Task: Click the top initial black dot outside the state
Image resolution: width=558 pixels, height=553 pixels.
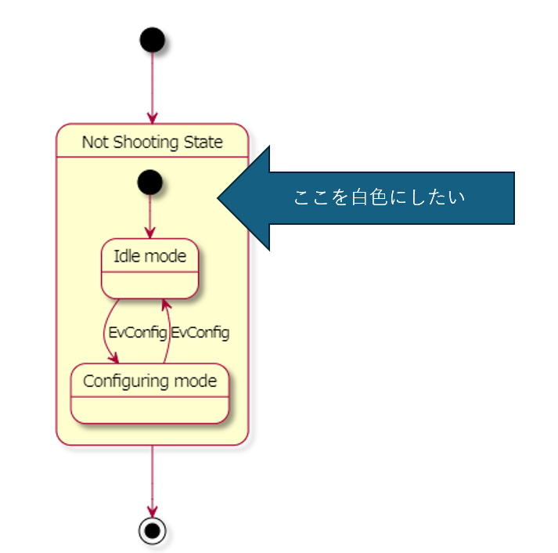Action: tap(152, 39)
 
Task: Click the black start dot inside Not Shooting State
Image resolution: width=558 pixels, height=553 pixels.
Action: tap(149, 183)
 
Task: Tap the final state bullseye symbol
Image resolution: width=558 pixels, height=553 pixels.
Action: tap(152, 530)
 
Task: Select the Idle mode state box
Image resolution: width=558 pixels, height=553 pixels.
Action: tap(149, 269)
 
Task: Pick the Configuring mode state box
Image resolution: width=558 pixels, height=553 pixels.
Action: tap(149, 393)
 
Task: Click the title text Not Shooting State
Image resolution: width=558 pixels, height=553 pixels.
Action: tap(152, 142)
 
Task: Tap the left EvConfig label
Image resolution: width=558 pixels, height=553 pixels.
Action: tap(137, 332)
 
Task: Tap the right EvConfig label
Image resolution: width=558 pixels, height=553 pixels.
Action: tap(200, 332)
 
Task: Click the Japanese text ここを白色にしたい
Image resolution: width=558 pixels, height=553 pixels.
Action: tap(379, 197)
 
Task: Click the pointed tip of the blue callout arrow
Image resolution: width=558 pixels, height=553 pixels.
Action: tap(219, 198)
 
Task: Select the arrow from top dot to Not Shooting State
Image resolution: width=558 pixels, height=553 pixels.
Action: tap(152, 86)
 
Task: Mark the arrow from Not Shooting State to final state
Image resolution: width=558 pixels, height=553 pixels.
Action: tap(152, 478)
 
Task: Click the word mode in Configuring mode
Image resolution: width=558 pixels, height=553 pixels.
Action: tap(195, 381)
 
